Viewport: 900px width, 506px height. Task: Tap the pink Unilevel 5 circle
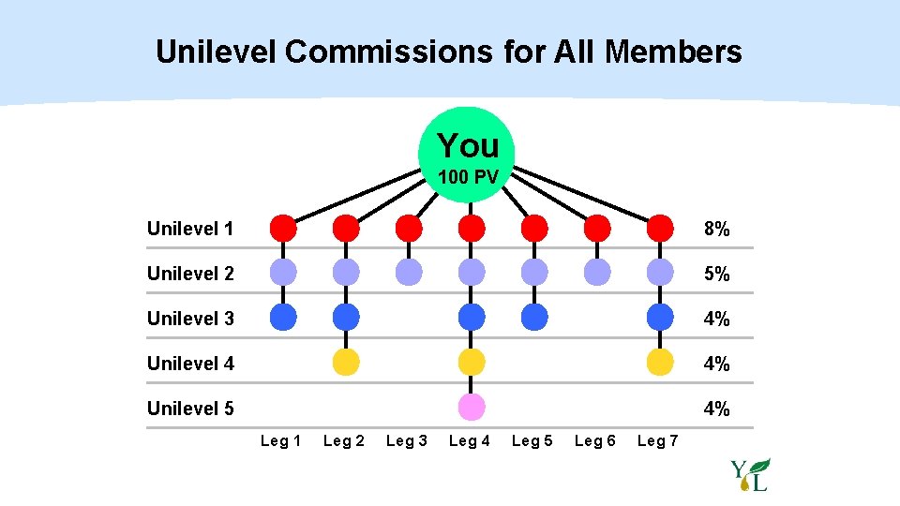(x=472, y=408)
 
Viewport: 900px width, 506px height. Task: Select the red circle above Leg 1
(x=283, y=228)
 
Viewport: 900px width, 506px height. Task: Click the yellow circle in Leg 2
(x=346, y=363)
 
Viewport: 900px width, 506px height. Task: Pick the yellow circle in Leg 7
(x=660, y=363)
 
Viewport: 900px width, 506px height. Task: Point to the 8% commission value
(x=716, y=230)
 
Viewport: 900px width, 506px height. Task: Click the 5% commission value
(x=716, y=275)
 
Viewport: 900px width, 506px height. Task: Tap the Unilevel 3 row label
(x=190, y=319)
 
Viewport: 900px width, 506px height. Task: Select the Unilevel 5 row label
(x=190, y=409)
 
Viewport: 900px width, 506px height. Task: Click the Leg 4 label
(x=470, y=440)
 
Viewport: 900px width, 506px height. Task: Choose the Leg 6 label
(x=595, y=440)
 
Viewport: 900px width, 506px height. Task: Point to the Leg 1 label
(x=280, y=440)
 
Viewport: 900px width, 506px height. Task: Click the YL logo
(x=751, y=475)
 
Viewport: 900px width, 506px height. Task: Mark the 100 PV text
(x=467, y=177)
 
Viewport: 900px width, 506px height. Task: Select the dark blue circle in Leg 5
(x=534, y=318)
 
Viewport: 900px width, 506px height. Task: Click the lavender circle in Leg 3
(x=409, y=273)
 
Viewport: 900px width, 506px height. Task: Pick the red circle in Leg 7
(x=660, y=228)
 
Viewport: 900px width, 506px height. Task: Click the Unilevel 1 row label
(x=190, y=229)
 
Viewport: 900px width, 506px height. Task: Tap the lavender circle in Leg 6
(x=597, y=273)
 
